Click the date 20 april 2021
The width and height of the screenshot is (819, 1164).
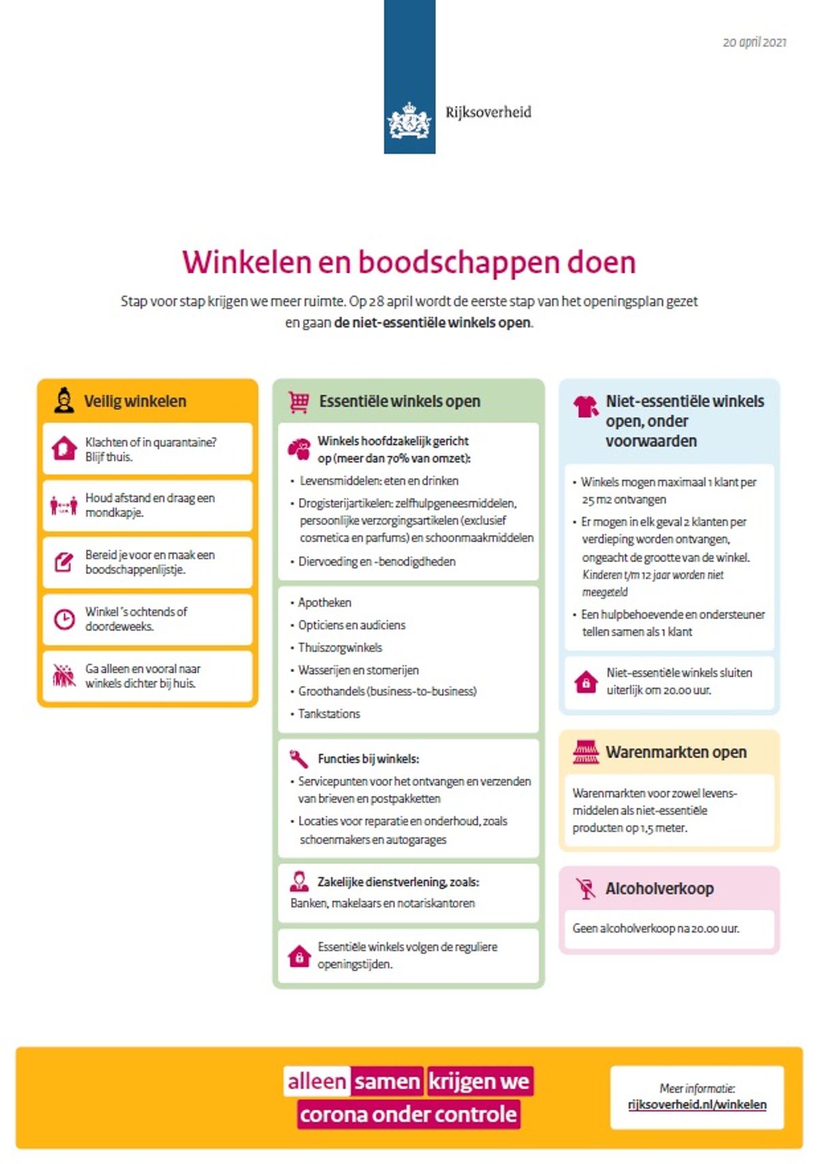[x=754, y=42]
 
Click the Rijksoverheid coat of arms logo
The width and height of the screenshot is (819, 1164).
[x=409, y=121]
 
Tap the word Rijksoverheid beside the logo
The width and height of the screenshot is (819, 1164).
[x=488, y=112]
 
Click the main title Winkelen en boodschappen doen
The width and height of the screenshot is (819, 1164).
[x=409, y=262]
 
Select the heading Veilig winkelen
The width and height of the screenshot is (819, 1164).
[x=134, y=401]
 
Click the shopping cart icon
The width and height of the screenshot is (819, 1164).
[x=298, y=402]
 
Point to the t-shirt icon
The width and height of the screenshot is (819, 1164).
[x=586, y=406]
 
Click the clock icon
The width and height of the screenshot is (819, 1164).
[x=64, y=619]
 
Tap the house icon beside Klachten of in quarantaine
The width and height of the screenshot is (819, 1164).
[x=64, y=449]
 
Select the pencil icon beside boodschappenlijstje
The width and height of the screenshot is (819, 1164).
[x=63, y=562]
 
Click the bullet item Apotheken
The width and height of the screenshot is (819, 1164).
[x=324, y=602]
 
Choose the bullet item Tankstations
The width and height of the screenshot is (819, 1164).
[x=328, y=713]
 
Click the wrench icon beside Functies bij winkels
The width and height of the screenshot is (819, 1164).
[x=299, y=758]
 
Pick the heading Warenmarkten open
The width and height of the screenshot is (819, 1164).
[x=676, y=752]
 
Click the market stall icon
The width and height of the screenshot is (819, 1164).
[x=586, y=752]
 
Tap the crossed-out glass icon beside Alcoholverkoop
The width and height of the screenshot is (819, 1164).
[x=586, y=888]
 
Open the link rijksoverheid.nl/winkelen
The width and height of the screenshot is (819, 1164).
[x=697, y=1105]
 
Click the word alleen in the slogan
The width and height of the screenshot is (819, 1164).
[x=317, y=1081]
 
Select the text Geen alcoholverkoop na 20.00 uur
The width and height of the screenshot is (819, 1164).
[x=656, y=928]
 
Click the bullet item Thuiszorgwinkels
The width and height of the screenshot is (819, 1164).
[x=340, y=648]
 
